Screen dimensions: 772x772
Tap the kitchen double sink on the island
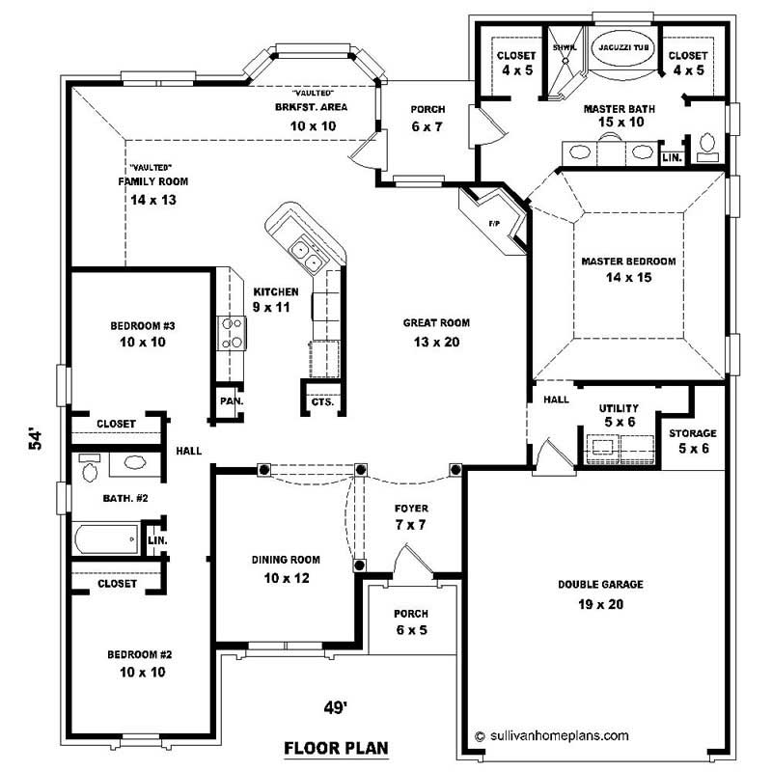click(x=308, y=254)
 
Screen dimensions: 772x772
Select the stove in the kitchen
click(x=233, y=333)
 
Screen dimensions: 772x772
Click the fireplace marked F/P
click(x=495, y=223)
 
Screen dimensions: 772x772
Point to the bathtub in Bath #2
click(x=106, y=538)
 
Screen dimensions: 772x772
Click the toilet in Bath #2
click(x=90, y=470)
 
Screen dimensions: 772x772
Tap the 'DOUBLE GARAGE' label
click(x=600, y=584)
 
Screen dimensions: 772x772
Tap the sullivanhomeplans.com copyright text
click(x=552, y=734)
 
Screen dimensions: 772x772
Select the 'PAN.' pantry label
click(x=230, y=400)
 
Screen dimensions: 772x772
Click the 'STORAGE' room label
click(x=693, y=433)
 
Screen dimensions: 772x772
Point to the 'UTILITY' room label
click(x=619, y=408)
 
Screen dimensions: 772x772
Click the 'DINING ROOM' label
click(x=286, y=559)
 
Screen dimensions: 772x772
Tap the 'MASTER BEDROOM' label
click(x=627, y=261)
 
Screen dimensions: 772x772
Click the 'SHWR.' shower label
click(x=563, y=46)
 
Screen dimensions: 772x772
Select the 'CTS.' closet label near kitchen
click(x=322, y=401)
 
